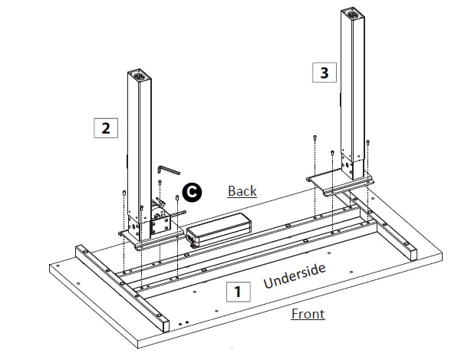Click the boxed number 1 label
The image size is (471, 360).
[237, 291]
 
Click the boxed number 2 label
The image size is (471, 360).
[105, 127]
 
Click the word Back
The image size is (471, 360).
[242, 191]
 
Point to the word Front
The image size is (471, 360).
[308, 314]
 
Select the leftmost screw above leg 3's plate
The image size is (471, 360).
[315, 139]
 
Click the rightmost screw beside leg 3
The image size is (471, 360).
[369, 140]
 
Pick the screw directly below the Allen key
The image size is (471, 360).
[159, 184]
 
